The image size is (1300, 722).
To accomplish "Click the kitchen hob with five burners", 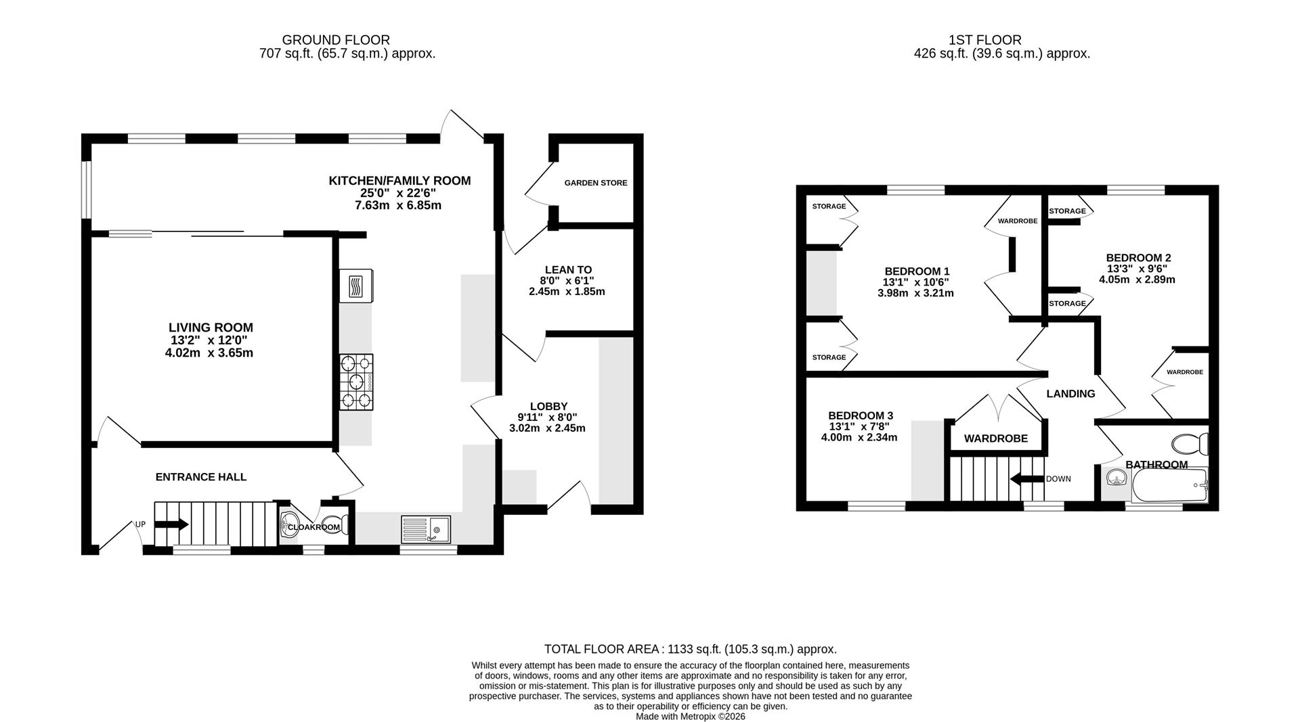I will click(356, 382).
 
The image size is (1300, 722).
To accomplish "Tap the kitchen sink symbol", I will click(425, 529).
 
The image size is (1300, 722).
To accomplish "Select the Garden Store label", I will click(596, 183).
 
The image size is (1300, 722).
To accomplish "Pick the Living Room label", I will click(211, 328).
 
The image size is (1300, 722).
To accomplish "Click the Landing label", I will click(1070, 394).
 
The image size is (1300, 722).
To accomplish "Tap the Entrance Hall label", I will click(201, 477).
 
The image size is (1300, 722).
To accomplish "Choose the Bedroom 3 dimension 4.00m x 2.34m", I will click(859, 438).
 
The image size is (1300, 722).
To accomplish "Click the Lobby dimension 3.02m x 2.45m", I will click(547, 428).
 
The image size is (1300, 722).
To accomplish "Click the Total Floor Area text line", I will click(691, 649).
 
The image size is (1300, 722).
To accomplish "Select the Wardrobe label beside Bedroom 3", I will click(995, 438).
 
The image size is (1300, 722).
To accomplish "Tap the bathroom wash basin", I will click(1115, 480).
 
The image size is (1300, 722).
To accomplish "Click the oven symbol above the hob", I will click(356, 286).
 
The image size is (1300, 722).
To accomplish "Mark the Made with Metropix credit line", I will click(691, 716).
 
